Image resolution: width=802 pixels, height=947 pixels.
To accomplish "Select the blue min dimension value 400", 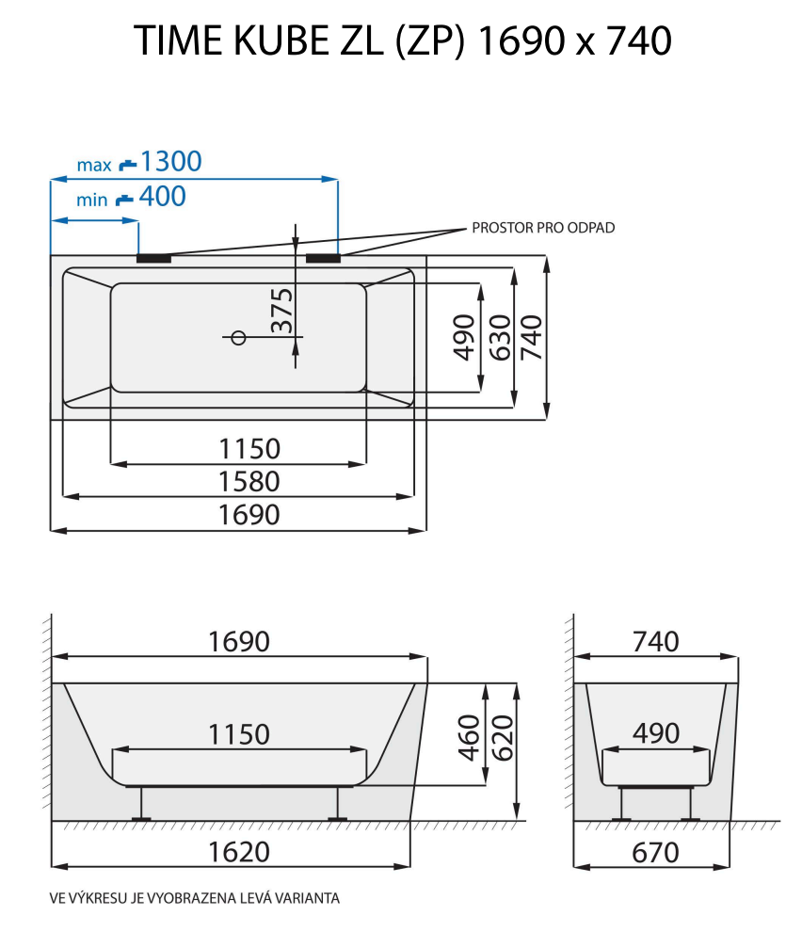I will [x=162, y=197].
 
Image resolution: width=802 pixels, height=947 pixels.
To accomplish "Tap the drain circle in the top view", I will [x=238, y=337].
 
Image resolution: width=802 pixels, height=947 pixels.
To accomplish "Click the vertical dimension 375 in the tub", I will [x=281, y=312].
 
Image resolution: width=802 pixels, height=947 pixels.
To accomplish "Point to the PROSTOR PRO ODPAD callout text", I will [x=543, y=228].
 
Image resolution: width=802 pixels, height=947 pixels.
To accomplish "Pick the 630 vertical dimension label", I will [x=499, y=337].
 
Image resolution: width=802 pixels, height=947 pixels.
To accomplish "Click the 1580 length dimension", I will [x=249, y=481].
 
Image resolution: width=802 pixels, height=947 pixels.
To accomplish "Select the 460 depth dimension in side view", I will [x=469, y=736].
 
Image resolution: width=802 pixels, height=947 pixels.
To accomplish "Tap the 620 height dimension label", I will [x=501, y=736].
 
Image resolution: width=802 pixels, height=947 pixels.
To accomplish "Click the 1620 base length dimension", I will [x=237, y=852].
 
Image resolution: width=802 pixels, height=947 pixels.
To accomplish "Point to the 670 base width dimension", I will [x=655, y=852].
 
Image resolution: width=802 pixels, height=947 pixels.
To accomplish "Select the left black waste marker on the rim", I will [x=153, y=257].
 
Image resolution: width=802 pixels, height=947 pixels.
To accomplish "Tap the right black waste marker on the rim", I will [x=323, y=257].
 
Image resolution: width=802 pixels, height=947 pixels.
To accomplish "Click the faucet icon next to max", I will [x=127, y=165].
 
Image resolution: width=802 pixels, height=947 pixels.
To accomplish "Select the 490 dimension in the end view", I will [x=655, y=733].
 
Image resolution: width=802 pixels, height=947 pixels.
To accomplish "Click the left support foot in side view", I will [x=141, y=805].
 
